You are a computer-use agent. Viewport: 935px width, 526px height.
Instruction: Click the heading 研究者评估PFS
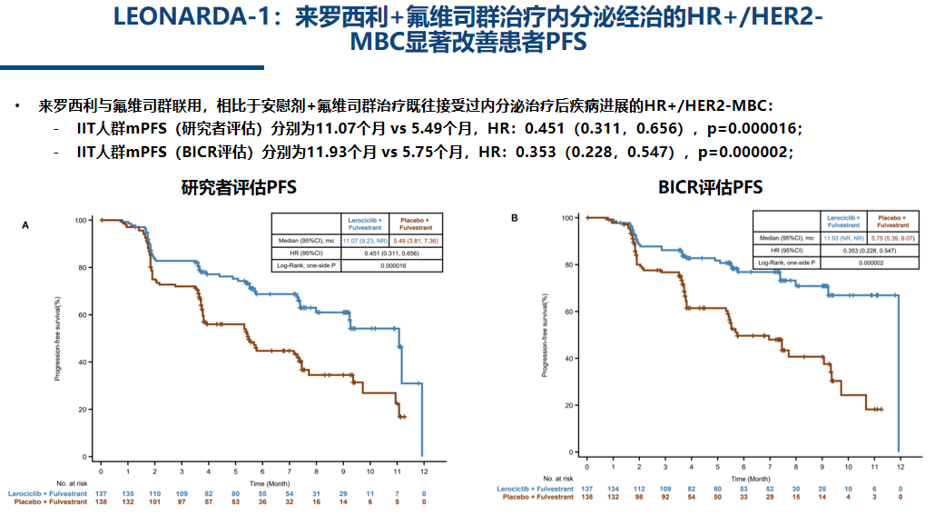pos(239,188)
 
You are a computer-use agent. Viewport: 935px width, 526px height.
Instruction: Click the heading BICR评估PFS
pos(711,188)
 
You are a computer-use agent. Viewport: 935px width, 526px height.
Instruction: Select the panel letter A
pos(26,223)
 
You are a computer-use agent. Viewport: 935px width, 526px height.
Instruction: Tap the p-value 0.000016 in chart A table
pos(391,265)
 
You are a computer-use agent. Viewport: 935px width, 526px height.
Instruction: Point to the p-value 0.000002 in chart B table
pos(870,263)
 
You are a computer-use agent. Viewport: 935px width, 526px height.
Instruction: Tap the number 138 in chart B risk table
pos(588,497)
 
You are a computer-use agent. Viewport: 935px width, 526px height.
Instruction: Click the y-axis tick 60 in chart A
pos(82,314)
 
